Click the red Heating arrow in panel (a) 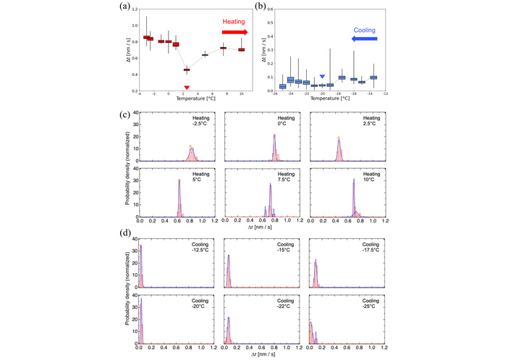pos(234,33)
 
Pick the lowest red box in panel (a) pos(186,70)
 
